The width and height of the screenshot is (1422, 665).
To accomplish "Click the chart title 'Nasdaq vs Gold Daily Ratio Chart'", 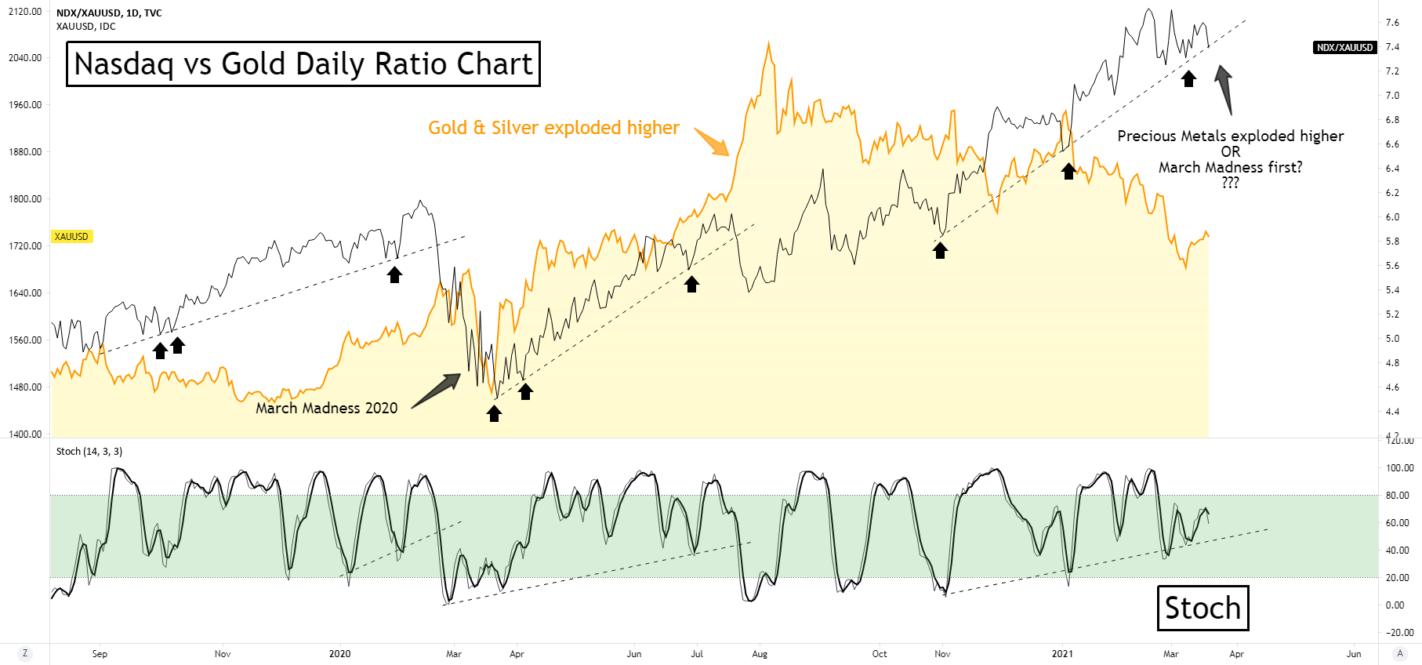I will pos(303,64).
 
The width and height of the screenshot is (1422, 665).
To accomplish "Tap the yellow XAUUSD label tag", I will pos(71,236).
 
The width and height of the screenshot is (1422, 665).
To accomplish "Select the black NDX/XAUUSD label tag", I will pos(1344,48).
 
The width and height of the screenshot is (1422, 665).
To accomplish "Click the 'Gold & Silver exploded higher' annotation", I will pos(553,128).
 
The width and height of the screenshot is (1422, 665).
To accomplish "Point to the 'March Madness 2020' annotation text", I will pos(327,408).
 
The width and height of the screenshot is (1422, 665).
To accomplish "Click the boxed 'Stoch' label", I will pos(1203,608).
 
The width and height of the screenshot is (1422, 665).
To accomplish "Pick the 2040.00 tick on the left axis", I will pos(25,58).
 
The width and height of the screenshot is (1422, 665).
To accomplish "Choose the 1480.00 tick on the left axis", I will pos(25,387).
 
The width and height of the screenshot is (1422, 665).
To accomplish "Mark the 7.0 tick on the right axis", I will pos(1392,96).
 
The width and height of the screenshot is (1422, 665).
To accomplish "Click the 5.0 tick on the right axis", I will pos(1392,339).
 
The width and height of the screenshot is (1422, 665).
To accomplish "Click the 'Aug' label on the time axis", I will pos(760,654).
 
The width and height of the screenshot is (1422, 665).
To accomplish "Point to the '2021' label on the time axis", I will pos(1062,654).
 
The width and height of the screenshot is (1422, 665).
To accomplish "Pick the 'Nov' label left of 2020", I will pos(223,654).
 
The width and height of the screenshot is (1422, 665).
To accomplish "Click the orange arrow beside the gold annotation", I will pos(712,142).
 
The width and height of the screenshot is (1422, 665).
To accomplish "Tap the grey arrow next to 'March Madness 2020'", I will pos(436,390).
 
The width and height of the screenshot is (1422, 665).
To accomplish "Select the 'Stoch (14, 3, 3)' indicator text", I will pos(89,452).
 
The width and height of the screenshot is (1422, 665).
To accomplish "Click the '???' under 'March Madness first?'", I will pos(1230,183).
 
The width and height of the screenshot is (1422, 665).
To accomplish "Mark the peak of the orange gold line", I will pos(768,44).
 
